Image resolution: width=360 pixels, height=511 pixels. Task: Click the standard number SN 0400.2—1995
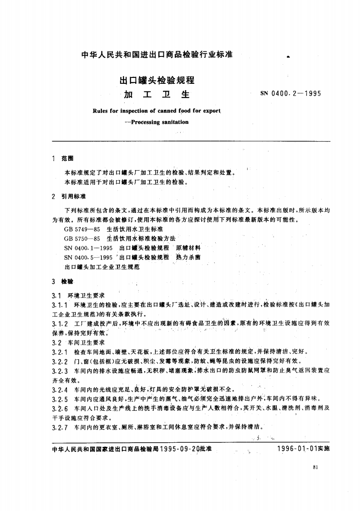coord(290,94)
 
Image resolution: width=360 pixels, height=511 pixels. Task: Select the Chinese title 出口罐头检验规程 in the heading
coord(157,81)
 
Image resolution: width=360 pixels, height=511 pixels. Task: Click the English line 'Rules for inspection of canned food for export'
coord(156,111)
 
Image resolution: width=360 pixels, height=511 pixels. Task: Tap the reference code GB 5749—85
coord(82,229)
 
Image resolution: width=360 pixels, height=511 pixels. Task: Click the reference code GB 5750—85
coord(82,238)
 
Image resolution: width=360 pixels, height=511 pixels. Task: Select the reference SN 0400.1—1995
coord(88,248)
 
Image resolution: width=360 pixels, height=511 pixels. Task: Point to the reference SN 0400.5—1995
coord(88,257)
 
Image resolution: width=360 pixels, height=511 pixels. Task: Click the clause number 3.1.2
coord(60,323)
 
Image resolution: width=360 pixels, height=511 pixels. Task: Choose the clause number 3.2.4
coord(60,389)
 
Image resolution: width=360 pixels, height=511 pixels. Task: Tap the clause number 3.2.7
coord(60,427)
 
